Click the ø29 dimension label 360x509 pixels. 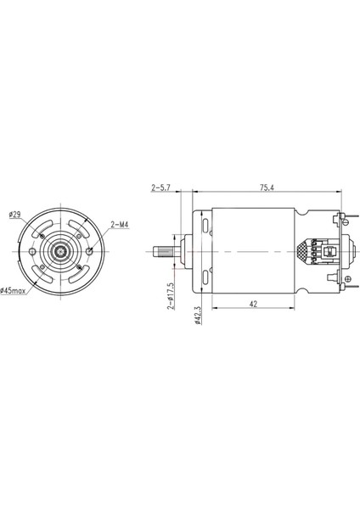coord(15,214)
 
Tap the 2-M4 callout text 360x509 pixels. coord(120,225)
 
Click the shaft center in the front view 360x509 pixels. coord(60,253)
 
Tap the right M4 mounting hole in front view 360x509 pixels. coord(89,253)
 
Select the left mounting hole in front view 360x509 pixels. coord(31,253)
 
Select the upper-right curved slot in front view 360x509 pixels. coord(78,229)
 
